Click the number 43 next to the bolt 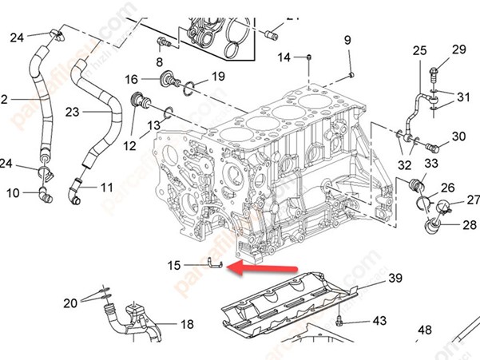379,320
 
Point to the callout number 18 187,325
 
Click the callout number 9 347,40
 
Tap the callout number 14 285,57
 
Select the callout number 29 458,49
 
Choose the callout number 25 420,51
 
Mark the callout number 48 425,330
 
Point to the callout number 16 133,78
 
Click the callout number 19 217,77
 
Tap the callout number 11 107,188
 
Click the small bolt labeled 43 341,322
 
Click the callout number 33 431,163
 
